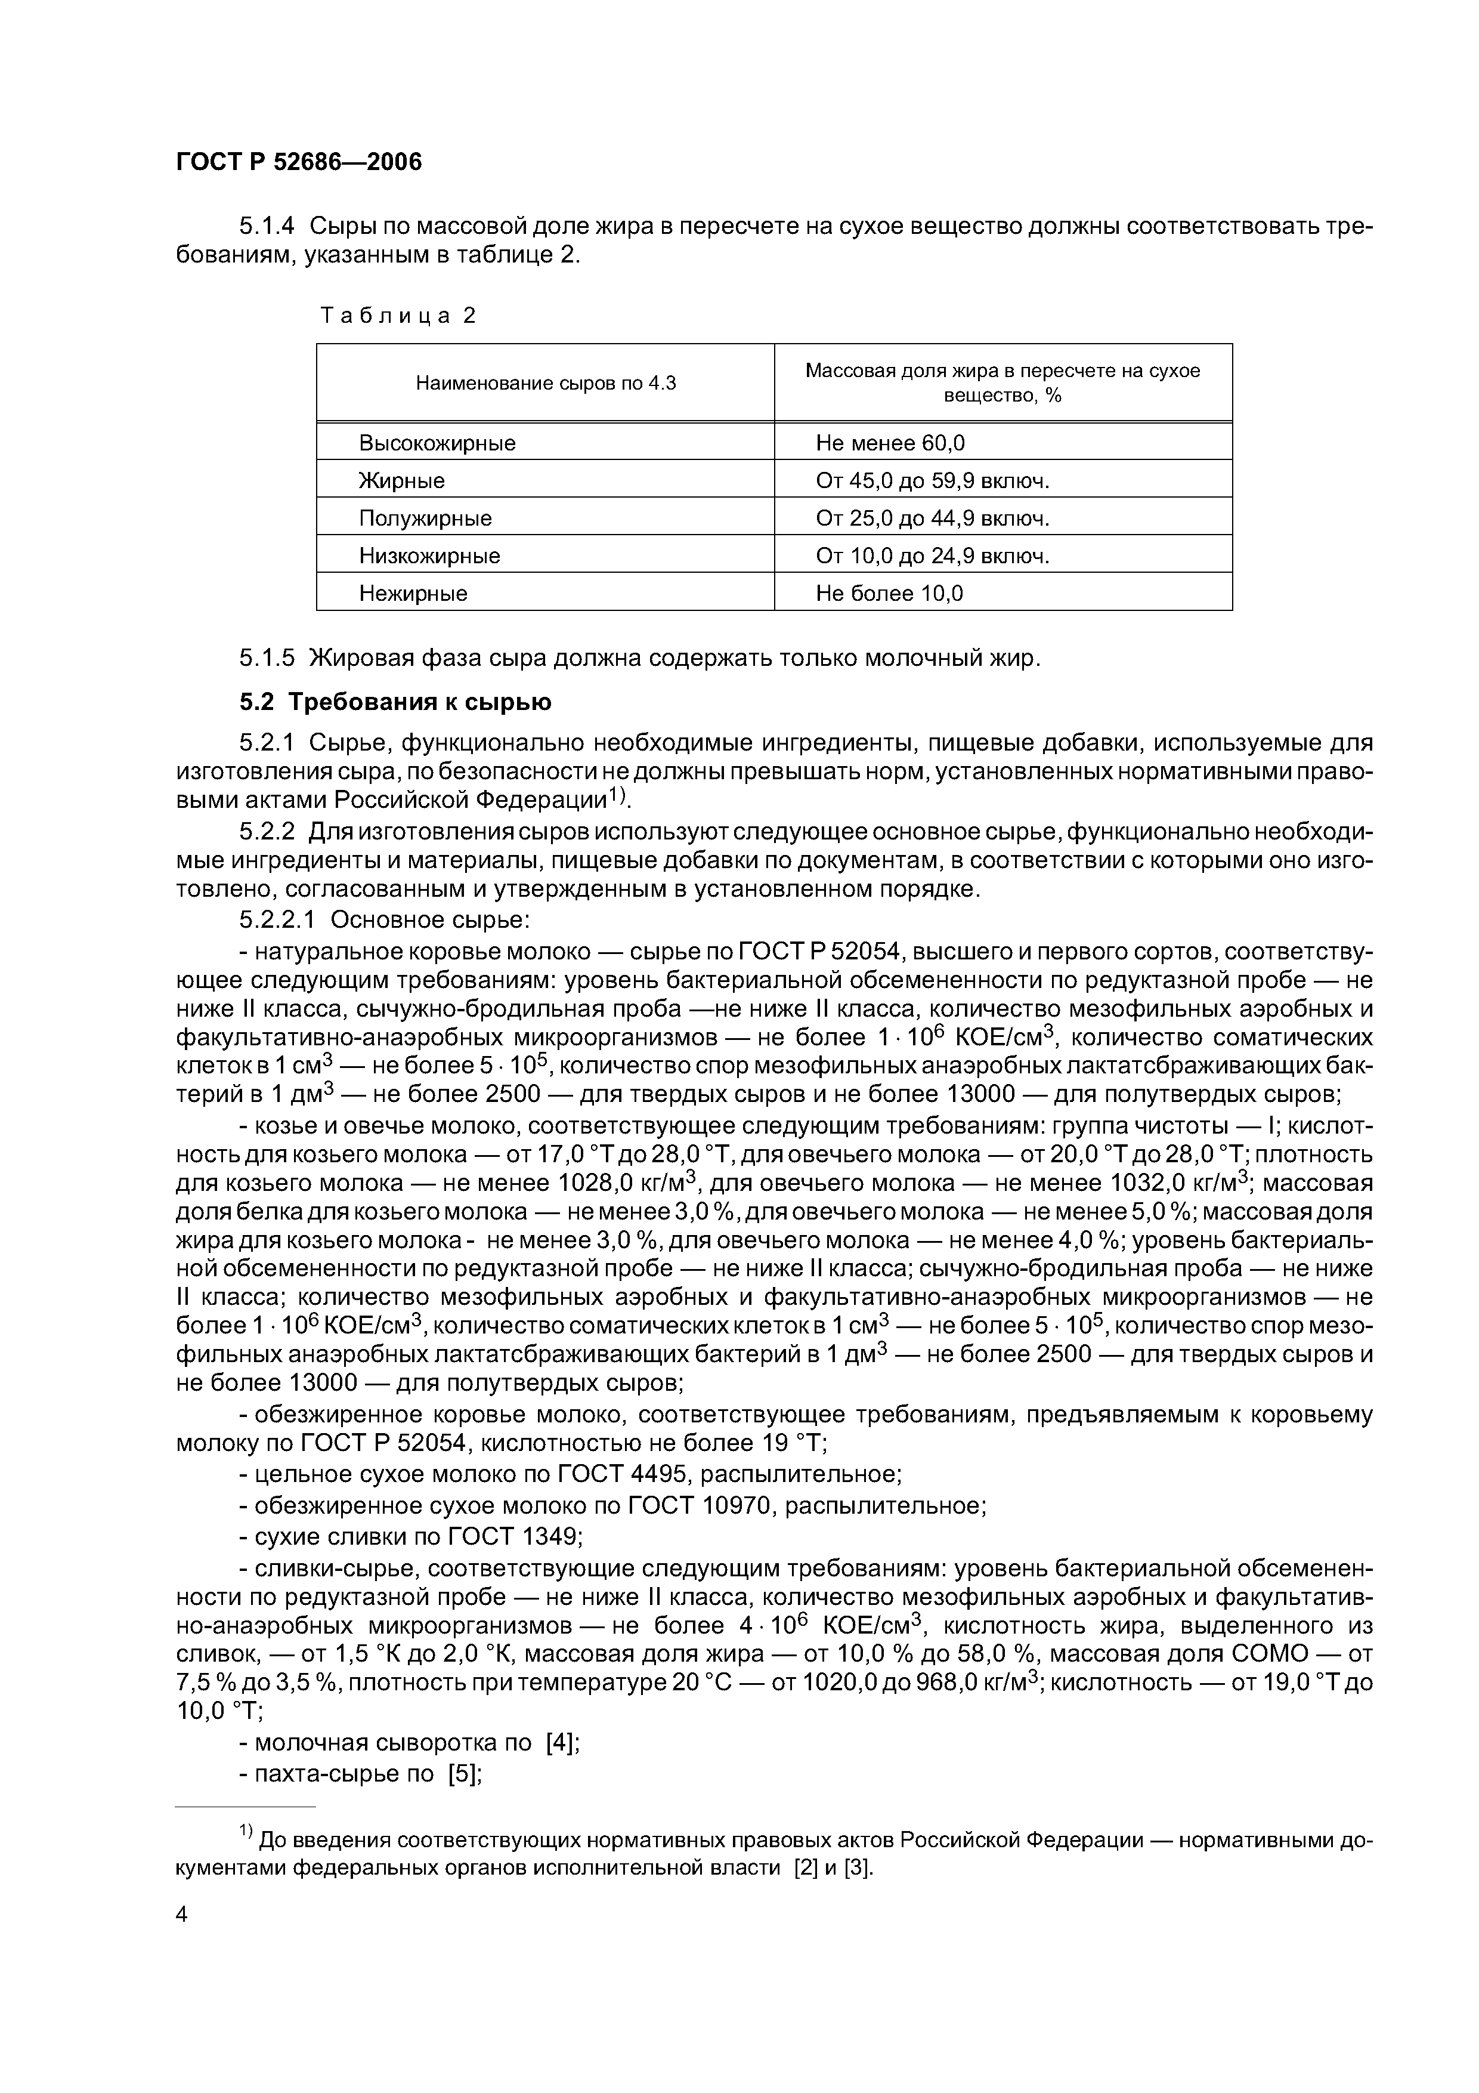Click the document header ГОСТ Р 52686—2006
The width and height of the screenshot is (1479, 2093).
pos(298,162)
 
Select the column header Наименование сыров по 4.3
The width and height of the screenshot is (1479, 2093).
pos(546,383)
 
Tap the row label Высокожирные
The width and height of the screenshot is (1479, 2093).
pos(437,443)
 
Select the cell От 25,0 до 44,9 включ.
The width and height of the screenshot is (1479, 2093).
pos(932,518)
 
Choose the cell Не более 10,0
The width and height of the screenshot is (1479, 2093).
pos(889,594)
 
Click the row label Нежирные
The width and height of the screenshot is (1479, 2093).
pos(413,594)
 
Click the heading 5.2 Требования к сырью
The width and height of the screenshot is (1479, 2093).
pos(395,702)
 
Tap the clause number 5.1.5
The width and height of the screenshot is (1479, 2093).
pos(267,657)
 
